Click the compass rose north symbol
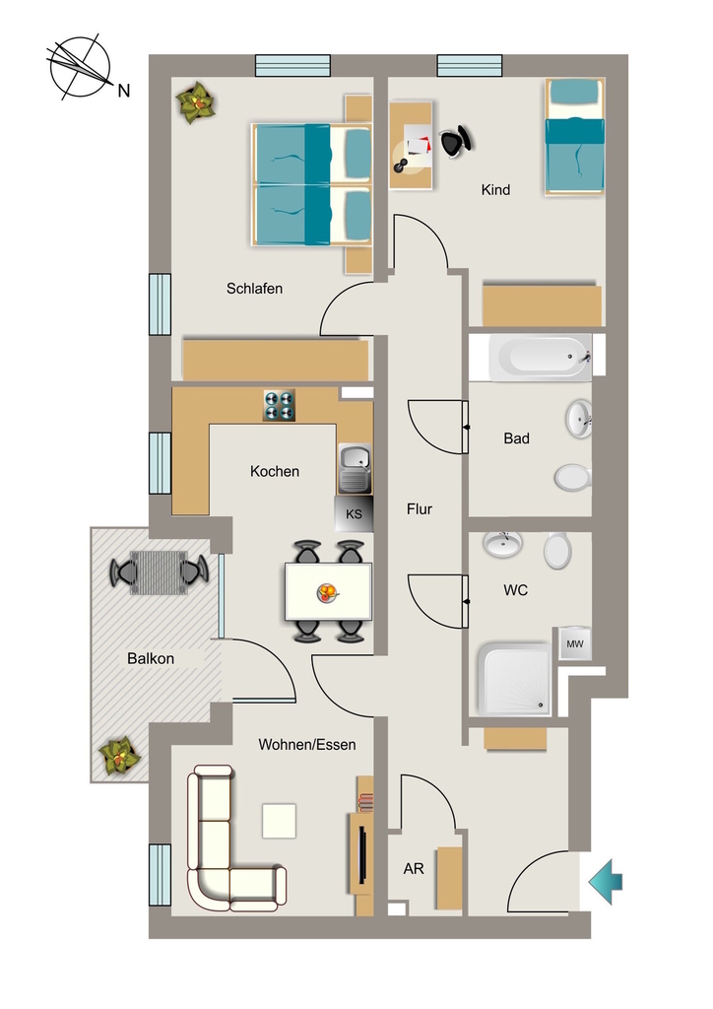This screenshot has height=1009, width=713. pyautogui.click(x=81, y=68)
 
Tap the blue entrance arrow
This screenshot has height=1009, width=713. pyautogui.click(x=606, y=882)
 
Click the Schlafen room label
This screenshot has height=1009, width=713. pyautogui.click(x=255, y=289)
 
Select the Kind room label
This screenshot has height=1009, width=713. pyautogui.click(x=495, y=190)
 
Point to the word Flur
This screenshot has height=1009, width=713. pyautogui.click(x=420, y=509)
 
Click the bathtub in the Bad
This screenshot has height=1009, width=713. pyautogui.click(x=540, y=357)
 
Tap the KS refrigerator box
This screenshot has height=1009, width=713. pyautogui.click(x=354, y=513)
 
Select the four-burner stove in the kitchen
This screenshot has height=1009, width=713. pyautogui.click(x=280, y=405)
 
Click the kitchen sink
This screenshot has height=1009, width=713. pyautogui.click(x=355, y=468)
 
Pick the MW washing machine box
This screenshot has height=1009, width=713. pyautogui.click(x=575, y=643)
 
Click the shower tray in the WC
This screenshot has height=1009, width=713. pyautogui.click(x=514, y=679)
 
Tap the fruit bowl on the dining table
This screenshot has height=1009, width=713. pyautogui.click(x=328, y=592)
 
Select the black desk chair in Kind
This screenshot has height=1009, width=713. pyautogui.click(x=456, y=140)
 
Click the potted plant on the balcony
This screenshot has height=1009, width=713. pyautogui.click(x=119, y=756)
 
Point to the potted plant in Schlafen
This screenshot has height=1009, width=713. pyautogui.click(x=195, y=102)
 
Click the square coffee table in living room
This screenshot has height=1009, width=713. pyautogui.click(x=279, y=821)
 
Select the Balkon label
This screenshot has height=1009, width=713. pyautogui.click(x=151, y=658)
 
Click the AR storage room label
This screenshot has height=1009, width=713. pyautogui.click(x=414, y=869)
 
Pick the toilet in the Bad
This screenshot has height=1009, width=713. pyautogui.click(x=572, y=478)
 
